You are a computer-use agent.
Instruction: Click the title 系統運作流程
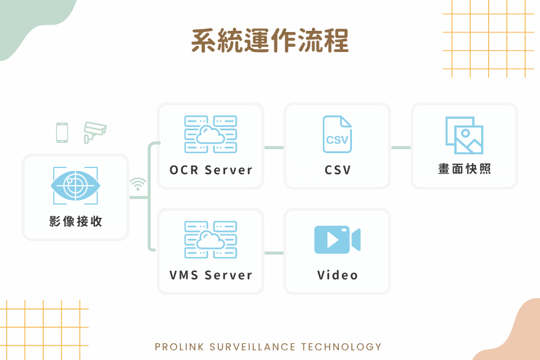[270, 41]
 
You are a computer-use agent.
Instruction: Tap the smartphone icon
[62, 133]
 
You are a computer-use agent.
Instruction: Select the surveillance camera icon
[95, 133]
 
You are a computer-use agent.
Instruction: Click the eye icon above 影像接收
[75, 186]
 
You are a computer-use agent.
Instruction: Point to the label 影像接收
[75, 221]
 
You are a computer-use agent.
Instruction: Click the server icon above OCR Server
[211, 134]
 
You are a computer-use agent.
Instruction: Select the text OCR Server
[211, 170]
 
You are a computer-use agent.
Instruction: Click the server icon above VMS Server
[211, 240]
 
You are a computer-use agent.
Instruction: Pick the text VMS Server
[211, 275]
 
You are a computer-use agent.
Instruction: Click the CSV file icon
[337, 134]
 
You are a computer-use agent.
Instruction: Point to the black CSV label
[338, 170]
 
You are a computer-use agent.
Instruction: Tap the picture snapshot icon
[464, 135]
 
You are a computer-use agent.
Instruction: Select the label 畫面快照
[464, 169]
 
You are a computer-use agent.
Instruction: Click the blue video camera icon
[337, 240]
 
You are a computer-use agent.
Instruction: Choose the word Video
[338, 275]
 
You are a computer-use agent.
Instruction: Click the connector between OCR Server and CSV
[274, 148]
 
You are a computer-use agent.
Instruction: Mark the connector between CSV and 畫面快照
[401, 148]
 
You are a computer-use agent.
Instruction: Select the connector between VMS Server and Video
[274, 253]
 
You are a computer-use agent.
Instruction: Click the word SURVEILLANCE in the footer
[253, 346]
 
